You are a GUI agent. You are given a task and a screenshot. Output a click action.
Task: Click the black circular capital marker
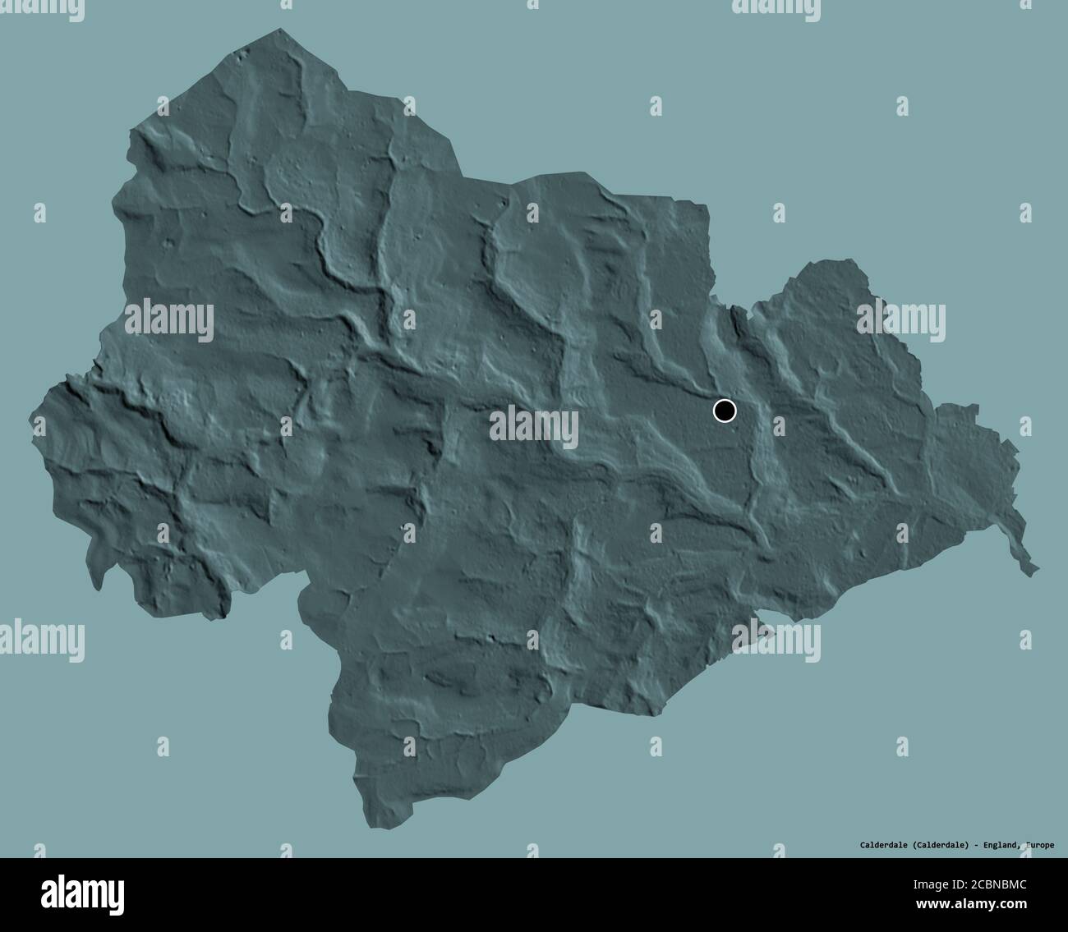pyautogui.click(x=725, y=410)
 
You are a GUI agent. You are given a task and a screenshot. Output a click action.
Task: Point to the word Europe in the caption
pyautogui.click(x=1038, y=844)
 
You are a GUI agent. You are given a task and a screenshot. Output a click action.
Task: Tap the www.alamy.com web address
pyautogui.click(x=973, y=904)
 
